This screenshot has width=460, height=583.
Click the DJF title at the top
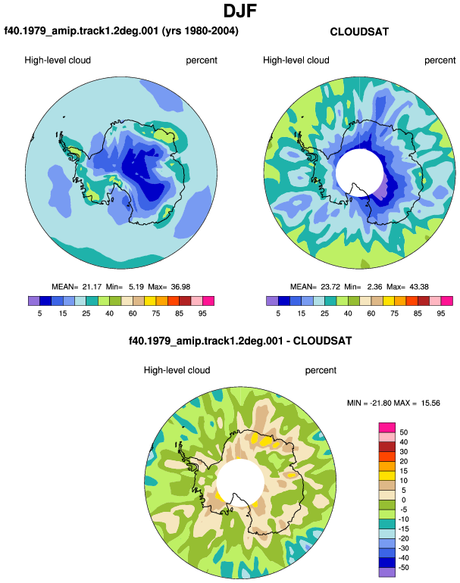pos(240,11)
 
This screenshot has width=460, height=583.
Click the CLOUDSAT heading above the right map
pos(359,32)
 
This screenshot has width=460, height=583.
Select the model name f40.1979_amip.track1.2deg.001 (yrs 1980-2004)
pos(121,31)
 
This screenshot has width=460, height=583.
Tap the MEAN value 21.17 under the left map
pos(92,287)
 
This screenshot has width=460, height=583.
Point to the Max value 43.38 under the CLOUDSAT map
pos(419,287)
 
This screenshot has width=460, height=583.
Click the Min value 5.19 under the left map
pos(136,287)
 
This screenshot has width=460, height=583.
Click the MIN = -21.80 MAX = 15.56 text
pos(393,403)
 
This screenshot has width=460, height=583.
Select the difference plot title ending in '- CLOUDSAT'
pos(240,341)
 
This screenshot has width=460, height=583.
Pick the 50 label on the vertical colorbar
pos(403,432)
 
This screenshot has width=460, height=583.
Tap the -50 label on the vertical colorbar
pos(402,568)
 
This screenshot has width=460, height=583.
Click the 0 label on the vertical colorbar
pos(403,500)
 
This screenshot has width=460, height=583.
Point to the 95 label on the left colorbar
pos(202,313)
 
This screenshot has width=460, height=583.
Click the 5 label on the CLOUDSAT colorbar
pos(278,313)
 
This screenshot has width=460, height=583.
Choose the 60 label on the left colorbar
pos(133,313)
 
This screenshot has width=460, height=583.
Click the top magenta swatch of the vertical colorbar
pos(387,428)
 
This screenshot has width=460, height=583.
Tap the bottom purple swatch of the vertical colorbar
pos(387,572)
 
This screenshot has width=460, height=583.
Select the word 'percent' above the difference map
pos(321,370)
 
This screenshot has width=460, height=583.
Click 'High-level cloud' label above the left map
pos(58,61)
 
